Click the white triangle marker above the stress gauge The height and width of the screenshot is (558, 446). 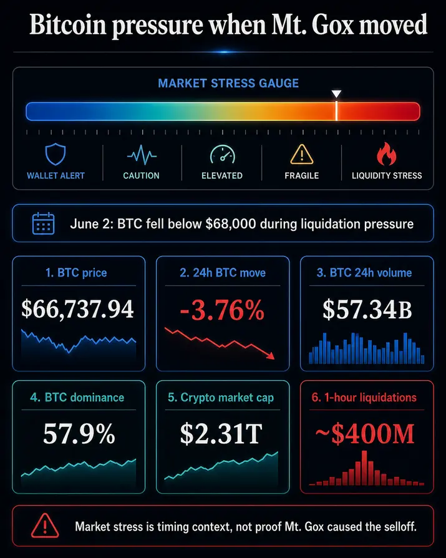[336, 94]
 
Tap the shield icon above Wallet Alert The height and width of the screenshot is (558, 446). [56, 154]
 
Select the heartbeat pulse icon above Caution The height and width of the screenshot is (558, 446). [142, 155]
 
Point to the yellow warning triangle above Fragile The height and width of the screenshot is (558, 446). [302, 154]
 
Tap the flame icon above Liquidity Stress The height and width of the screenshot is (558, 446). [387, 154]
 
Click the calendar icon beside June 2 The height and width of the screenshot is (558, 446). [44, 223]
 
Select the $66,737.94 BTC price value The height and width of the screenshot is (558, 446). [77, 309]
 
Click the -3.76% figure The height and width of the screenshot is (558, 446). [222, 310]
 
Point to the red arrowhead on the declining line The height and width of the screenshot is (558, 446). [271, 355]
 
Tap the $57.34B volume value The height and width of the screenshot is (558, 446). [367, 309]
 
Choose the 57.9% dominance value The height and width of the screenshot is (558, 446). [79, 434]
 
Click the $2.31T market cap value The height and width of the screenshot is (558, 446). [221, 434]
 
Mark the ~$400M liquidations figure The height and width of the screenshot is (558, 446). [366, 434]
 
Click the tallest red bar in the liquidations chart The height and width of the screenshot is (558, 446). [364, 468]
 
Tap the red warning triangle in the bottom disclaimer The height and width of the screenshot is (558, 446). [45, 526]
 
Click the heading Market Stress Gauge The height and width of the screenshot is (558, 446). [228, 83]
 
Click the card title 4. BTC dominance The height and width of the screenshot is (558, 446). [77, 397]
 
